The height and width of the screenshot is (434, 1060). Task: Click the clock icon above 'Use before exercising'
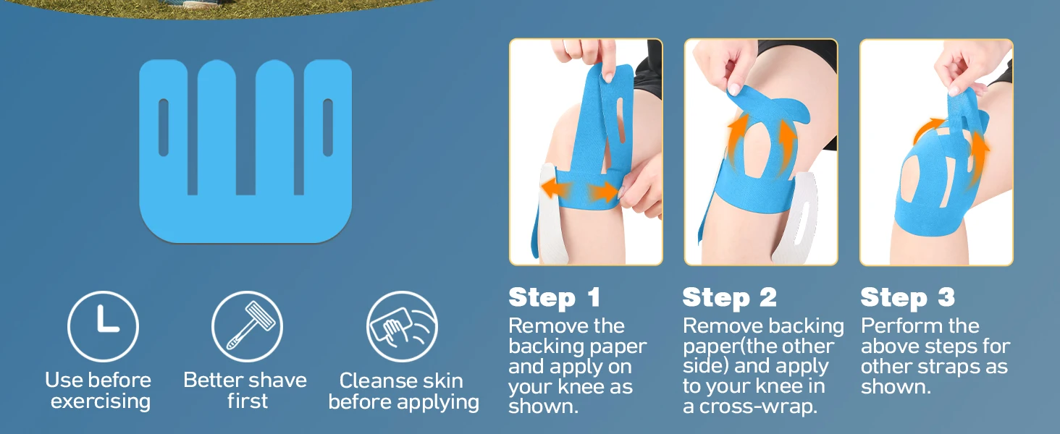[103, 326]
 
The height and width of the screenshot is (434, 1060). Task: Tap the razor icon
[247, 326]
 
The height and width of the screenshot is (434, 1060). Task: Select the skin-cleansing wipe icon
[403, 326]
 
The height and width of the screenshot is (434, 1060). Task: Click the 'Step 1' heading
[555, 298]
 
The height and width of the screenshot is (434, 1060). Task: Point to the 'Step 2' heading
[729, 298]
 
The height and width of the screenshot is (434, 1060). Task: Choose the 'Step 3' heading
[908, 298]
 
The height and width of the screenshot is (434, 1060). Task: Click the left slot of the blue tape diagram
[164, 127]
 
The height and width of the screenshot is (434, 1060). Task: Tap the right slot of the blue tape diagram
[327, 127]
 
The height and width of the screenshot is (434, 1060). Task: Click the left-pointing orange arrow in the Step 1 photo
[555, 189]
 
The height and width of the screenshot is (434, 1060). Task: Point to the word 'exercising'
[101, 402]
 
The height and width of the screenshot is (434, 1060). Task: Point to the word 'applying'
[438, 403]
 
